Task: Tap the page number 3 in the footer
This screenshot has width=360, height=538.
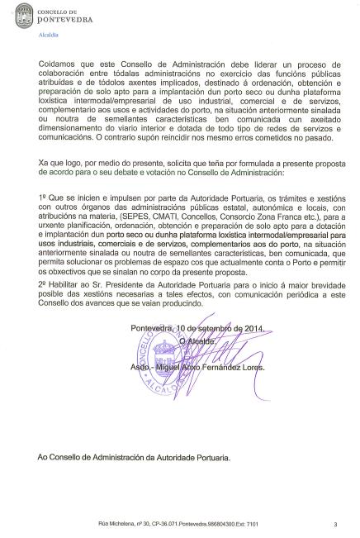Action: pyautogui.click(x=336, y=523)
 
